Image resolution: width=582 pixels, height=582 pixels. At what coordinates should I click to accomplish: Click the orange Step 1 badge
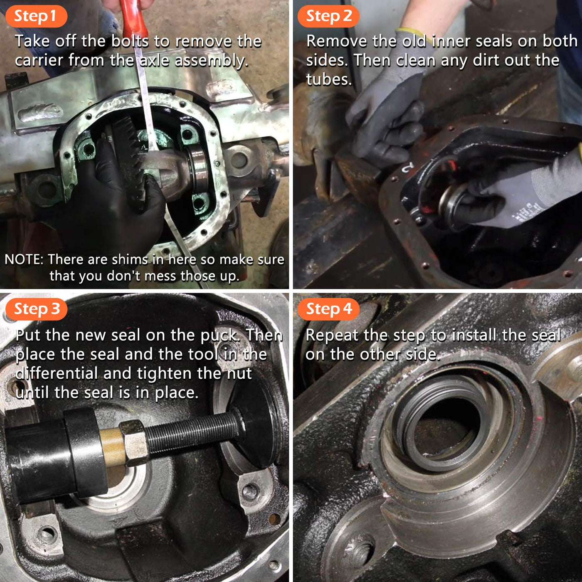tap(36, 16)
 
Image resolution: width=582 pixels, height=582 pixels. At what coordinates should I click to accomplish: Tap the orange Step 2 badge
tap(328, 16)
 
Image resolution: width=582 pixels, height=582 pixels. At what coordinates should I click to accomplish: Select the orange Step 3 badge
tap(36, 309)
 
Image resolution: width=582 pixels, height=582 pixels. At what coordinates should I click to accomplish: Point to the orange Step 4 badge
tap(328, 309)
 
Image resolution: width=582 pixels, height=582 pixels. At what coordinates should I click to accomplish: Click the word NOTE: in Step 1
tap(24, 259)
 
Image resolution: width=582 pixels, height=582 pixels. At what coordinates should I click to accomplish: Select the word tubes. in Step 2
tap(329, 79)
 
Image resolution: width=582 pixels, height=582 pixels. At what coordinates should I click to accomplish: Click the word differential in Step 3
tap(57, 373)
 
